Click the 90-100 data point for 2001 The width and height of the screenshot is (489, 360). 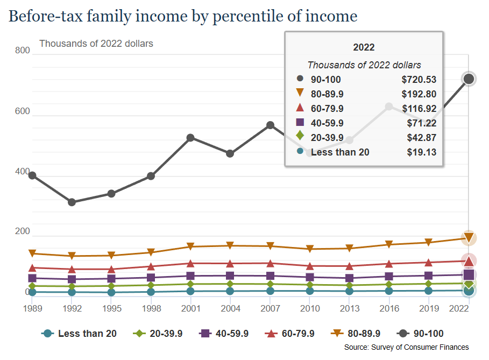point(190,138)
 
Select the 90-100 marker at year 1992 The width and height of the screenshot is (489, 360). point(72,202)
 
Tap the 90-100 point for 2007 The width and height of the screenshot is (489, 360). point(270,125)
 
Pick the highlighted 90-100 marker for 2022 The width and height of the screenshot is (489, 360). point(469,79)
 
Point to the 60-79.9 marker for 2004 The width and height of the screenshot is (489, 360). point(230,264)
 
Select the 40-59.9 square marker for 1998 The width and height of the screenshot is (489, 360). point(151,278)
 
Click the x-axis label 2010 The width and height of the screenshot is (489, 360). point(310,309)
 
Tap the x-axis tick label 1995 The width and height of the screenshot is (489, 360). point(111,309)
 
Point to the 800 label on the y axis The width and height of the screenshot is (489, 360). point(22,51)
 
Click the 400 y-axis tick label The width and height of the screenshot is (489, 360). point(22,172)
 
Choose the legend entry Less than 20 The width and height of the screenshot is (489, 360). point(79,334)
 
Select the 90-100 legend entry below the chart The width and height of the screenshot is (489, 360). point(421,334)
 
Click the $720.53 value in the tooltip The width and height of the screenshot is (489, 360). point(419,80)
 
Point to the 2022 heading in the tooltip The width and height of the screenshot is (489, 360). point(364,47)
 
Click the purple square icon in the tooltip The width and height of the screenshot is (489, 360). point(300,123)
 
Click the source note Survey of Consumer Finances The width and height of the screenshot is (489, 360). point(406,348)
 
